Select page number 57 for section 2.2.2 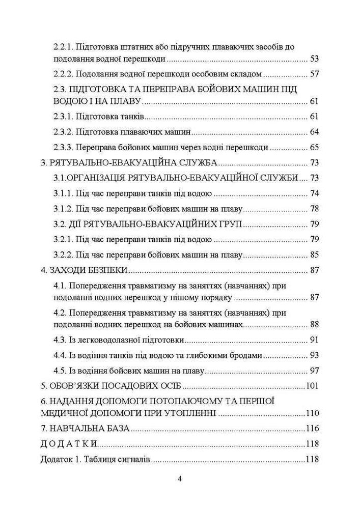click(314, 74)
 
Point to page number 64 click(314, 133)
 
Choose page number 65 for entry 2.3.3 click(314, 148)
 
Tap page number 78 click(314, 209)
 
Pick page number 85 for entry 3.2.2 click(314, 255)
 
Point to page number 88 click(314, 324)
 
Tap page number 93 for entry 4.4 click(314, 355)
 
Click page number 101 click(312, 385)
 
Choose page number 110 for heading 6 click(312, 413)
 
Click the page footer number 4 click(180, 479)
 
